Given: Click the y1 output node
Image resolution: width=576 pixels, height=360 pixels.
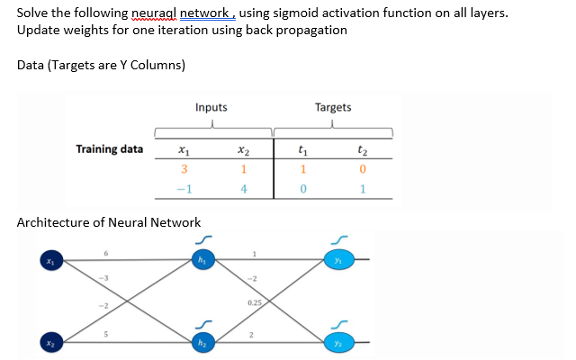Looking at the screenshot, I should [x=340, y=261].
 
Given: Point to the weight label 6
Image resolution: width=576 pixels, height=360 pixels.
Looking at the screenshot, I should [x=105, y=254].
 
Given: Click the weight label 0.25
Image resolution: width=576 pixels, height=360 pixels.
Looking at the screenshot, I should [x=256, y=302].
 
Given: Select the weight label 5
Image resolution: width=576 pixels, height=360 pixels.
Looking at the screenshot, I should [x=105, y=332].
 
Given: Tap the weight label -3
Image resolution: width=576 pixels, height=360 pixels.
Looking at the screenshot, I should [x=105, y=278].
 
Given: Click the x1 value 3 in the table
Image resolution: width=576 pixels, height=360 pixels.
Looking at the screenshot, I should [x=184, y=170].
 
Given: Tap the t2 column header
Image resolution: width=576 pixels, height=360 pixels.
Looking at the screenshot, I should [x=362, y=151].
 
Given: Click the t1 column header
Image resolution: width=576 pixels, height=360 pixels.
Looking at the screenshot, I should [x=303, y=151].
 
